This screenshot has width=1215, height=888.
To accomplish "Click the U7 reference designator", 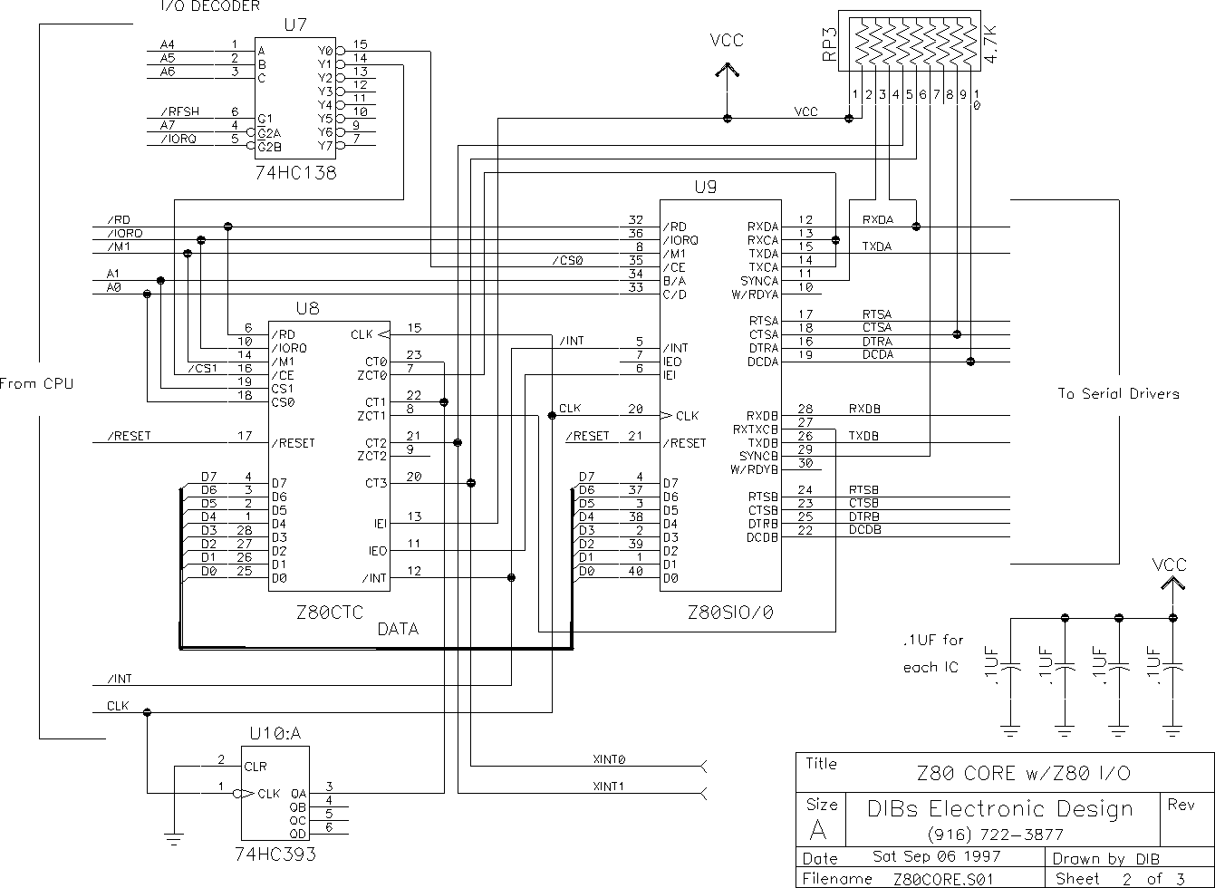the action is click(x=295, y=24).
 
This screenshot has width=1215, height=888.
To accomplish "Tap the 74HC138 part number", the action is click(x=295, y=172).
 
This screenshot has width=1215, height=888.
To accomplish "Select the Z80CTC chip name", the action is click(x=330, y=613).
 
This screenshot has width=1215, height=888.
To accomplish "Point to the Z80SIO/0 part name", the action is click(x=730, y=613).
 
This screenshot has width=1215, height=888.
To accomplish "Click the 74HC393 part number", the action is click(x=275, y=854).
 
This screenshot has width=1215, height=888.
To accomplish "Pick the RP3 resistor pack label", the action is click(x=829, y=43).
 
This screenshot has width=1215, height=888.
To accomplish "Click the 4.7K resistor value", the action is click(x=990, y=43).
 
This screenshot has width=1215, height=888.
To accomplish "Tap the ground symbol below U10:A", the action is click(x=174, y=839).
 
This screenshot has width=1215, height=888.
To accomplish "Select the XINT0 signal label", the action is click(x=609, y=759).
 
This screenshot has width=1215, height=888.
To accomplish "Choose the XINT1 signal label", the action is click(x=609, y=787).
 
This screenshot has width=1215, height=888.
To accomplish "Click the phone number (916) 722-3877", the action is click(x=996, y=835).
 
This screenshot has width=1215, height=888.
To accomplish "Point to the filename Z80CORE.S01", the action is click(x=943, y=879).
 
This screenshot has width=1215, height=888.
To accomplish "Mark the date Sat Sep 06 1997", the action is click(x=936, y=856).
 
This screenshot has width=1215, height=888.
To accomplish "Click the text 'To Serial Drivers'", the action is click(x=1118, y=393).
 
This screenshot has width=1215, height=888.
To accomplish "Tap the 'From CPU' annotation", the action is click(x=36, y=383).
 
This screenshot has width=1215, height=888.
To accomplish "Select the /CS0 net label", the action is click(x=567, y=260).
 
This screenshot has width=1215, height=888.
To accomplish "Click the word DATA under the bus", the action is click(x=398, y=629).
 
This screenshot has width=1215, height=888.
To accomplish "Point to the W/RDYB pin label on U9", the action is click(x=754, y=469).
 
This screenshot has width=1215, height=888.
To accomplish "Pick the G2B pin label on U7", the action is click(x=270, y=147).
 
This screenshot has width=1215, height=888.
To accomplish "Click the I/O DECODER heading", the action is click(x=210, y=6).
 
